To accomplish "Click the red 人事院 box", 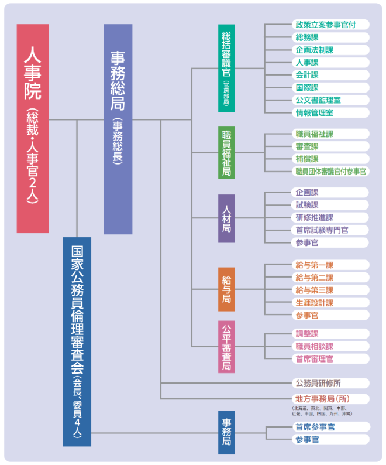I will click(33, 129).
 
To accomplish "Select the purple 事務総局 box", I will click(118, 129).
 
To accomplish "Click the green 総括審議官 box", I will click(226, 68).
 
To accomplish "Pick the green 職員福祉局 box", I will click(226, 153).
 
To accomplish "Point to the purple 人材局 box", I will click(226, 218).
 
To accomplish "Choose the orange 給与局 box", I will click(226, 289).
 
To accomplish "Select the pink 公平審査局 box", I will click(226, 346).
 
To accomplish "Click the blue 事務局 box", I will click(226, 433).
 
